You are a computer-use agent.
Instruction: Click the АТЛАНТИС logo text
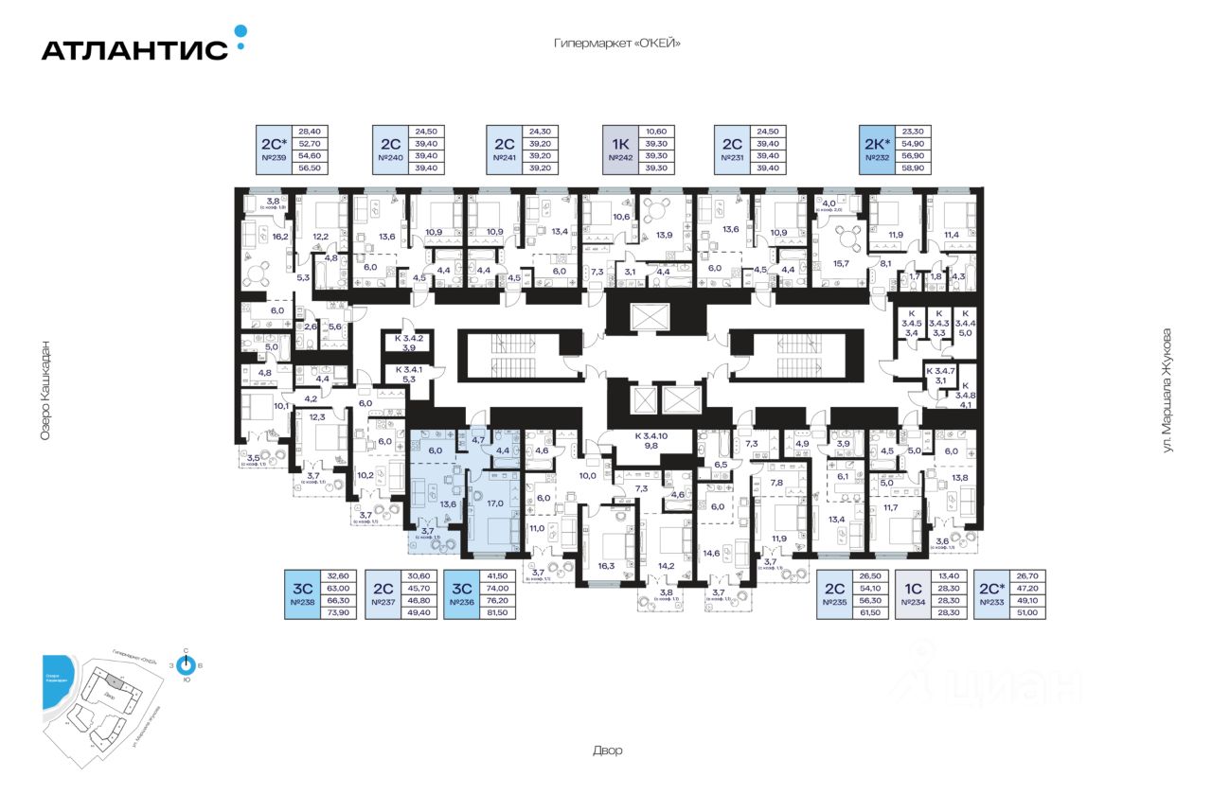click(x=134, y=49)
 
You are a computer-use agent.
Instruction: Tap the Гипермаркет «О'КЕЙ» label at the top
click(x=618, y=44)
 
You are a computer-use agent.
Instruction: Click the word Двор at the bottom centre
click(x=609, y=751)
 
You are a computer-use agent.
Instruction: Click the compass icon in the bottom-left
click(x=186, y=665)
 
